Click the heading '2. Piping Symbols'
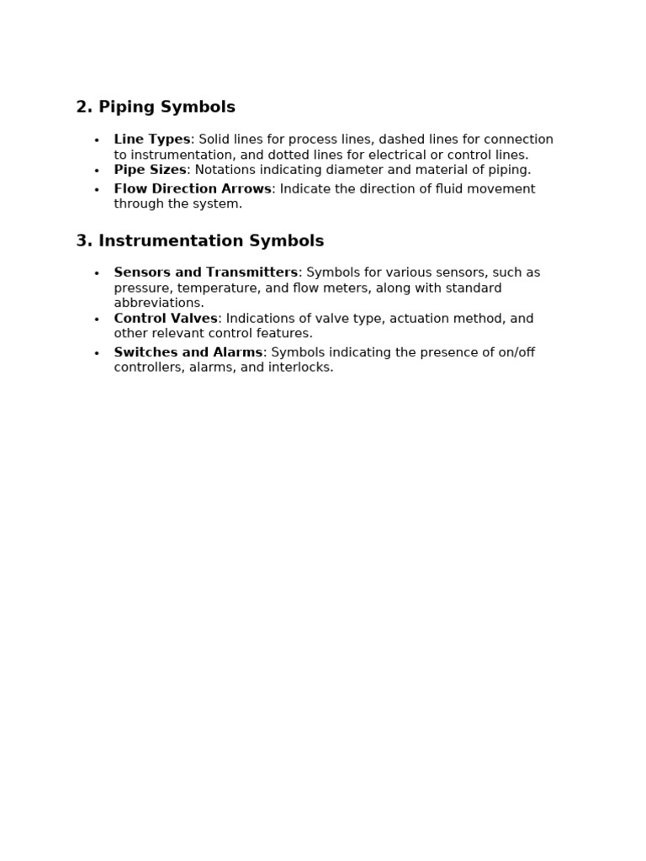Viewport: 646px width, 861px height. (156, 107)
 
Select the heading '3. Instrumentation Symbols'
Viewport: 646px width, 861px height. (199, 241)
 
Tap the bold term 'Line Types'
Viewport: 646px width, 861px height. (152, 140)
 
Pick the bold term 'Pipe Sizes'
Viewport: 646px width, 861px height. (150, 170)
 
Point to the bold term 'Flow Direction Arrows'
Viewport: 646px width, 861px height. (193, 189)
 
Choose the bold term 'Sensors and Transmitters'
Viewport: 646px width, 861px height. (206, 272)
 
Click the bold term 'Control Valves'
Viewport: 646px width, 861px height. (166, 319)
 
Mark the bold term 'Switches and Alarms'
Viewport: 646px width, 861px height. (188, 352)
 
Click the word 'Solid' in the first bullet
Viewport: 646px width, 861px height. (214, 140)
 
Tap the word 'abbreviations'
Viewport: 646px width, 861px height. (159, 303)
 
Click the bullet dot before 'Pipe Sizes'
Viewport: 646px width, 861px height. (97, 172)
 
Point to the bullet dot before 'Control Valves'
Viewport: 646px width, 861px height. (97, 320)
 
